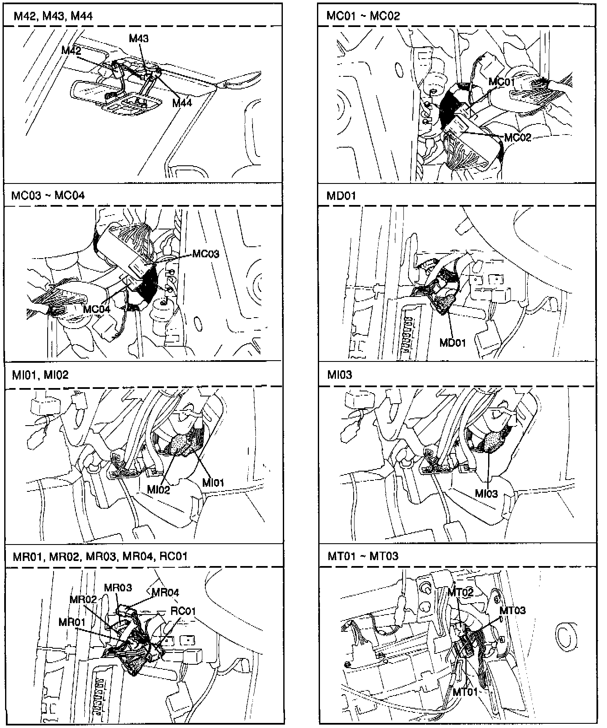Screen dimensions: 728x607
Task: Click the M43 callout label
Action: point(139,39)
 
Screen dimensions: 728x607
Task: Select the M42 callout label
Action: point(71,50)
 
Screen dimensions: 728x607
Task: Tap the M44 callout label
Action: point(182,102)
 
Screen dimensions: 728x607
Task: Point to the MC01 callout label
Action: point(502,81)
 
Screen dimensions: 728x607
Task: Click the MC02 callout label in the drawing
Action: point(518,138)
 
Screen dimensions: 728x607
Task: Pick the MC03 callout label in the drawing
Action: point(206,254)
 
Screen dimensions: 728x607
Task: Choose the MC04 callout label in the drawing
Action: point(97,309)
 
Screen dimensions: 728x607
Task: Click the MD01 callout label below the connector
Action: point(453,342)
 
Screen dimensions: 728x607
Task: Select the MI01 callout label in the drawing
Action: point(213,483)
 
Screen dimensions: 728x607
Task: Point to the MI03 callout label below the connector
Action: point(486,493)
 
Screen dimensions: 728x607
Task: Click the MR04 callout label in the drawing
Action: point(165,592)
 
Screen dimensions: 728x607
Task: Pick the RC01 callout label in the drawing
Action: point(183,611)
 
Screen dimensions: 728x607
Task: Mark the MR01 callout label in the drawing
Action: point(72,622)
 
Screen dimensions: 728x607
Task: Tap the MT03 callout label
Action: point(513,610)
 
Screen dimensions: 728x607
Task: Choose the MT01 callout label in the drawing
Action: point(465,692)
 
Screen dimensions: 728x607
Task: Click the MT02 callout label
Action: point(460,592)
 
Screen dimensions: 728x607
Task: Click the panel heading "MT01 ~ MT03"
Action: point(363,556)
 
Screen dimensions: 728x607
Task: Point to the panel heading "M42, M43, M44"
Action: point(53,16)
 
